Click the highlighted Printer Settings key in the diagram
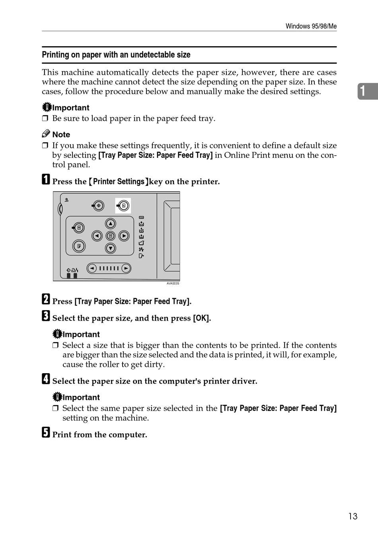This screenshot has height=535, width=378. click(x=123, y=206)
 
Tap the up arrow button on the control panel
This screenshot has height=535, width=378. click(x=111, y=224)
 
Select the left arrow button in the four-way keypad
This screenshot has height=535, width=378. click(x=97, y=236)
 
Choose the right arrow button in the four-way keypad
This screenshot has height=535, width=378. click(x=124, y=236)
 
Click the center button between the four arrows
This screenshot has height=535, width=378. click(x=111, y=236)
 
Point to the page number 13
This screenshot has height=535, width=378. click(x=353, y=517)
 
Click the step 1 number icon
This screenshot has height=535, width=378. click(x=46, y=180)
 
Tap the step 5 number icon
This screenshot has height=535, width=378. click(x=46, y=433)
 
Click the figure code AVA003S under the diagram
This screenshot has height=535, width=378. click(x=173, y=283)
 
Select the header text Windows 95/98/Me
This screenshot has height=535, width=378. click(x=311, y=26)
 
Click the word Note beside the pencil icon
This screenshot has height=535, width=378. click(x=61, y=135)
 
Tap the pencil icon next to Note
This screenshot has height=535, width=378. click(x=46, y=134)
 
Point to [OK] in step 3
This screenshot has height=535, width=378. click(x=202, y=318)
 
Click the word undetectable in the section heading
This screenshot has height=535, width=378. click(x=148, y=55)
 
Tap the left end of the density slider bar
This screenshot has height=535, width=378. click(x=92, y=268)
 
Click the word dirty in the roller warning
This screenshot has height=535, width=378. click(x=155, y=364)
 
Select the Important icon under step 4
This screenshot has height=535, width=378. click(x=57, y=397)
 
